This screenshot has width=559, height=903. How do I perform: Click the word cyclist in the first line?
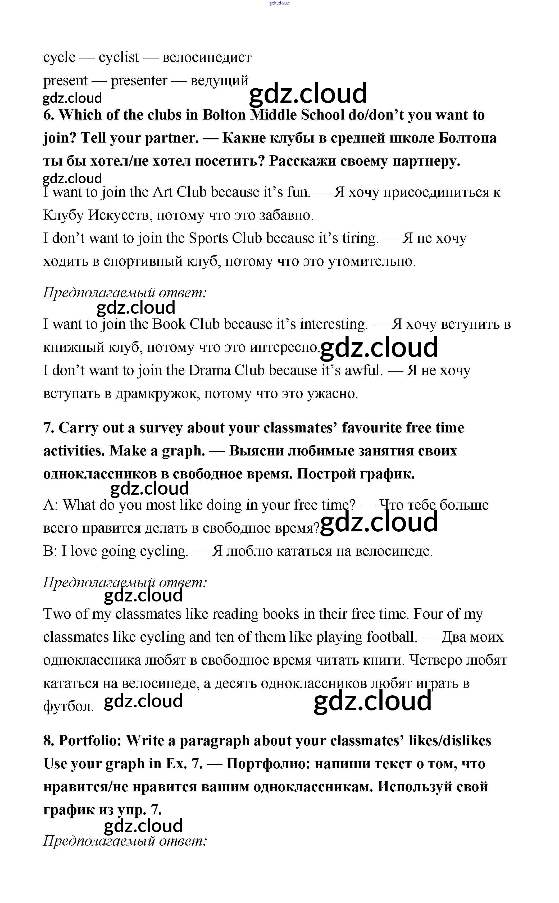(119, 57)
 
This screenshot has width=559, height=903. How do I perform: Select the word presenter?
(139, 81)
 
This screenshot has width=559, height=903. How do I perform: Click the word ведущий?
(219, 81)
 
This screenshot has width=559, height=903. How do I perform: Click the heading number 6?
(48, 115)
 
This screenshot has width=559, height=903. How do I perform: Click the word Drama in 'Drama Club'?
(210, 370)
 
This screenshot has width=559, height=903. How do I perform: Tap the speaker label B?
(50, 551)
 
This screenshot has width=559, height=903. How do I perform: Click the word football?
(392, 637)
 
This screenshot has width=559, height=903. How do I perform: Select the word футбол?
(68, 706)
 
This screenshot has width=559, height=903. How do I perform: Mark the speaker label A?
(50, 505)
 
